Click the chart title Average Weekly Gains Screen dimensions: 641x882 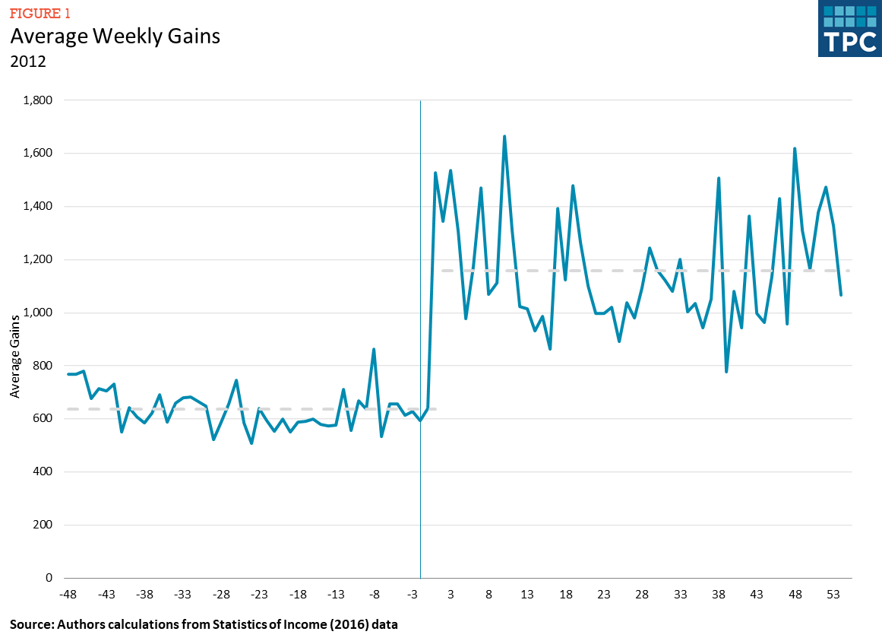(x=115, y=36)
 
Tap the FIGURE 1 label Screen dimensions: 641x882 (x=40, y=12)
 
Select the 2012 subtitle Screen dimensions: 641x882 (x=27, y=62)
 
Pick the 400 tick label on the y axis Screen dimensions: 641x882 (x=41, y=472)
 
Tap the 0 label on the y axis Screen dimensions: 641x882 (x=48, y=579)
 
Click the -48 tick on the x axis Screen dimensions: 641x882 (x=69, y=595)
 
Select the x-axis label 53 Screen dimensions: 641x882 (x=833, y=595)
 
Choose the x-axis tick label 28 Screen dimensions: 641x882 (x=642, y=595)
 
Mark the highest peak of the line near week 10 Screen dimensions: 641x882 (x=504, y=137)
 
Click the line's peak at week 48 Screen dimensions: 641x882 (x=795, y=149)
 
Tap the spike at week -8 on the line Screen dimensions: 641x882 (x=374, y=350)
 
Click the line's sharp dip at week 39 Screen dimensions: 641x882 (x=726, y=371)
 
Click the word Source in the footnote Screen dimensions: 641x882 (x=30, y=625)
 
